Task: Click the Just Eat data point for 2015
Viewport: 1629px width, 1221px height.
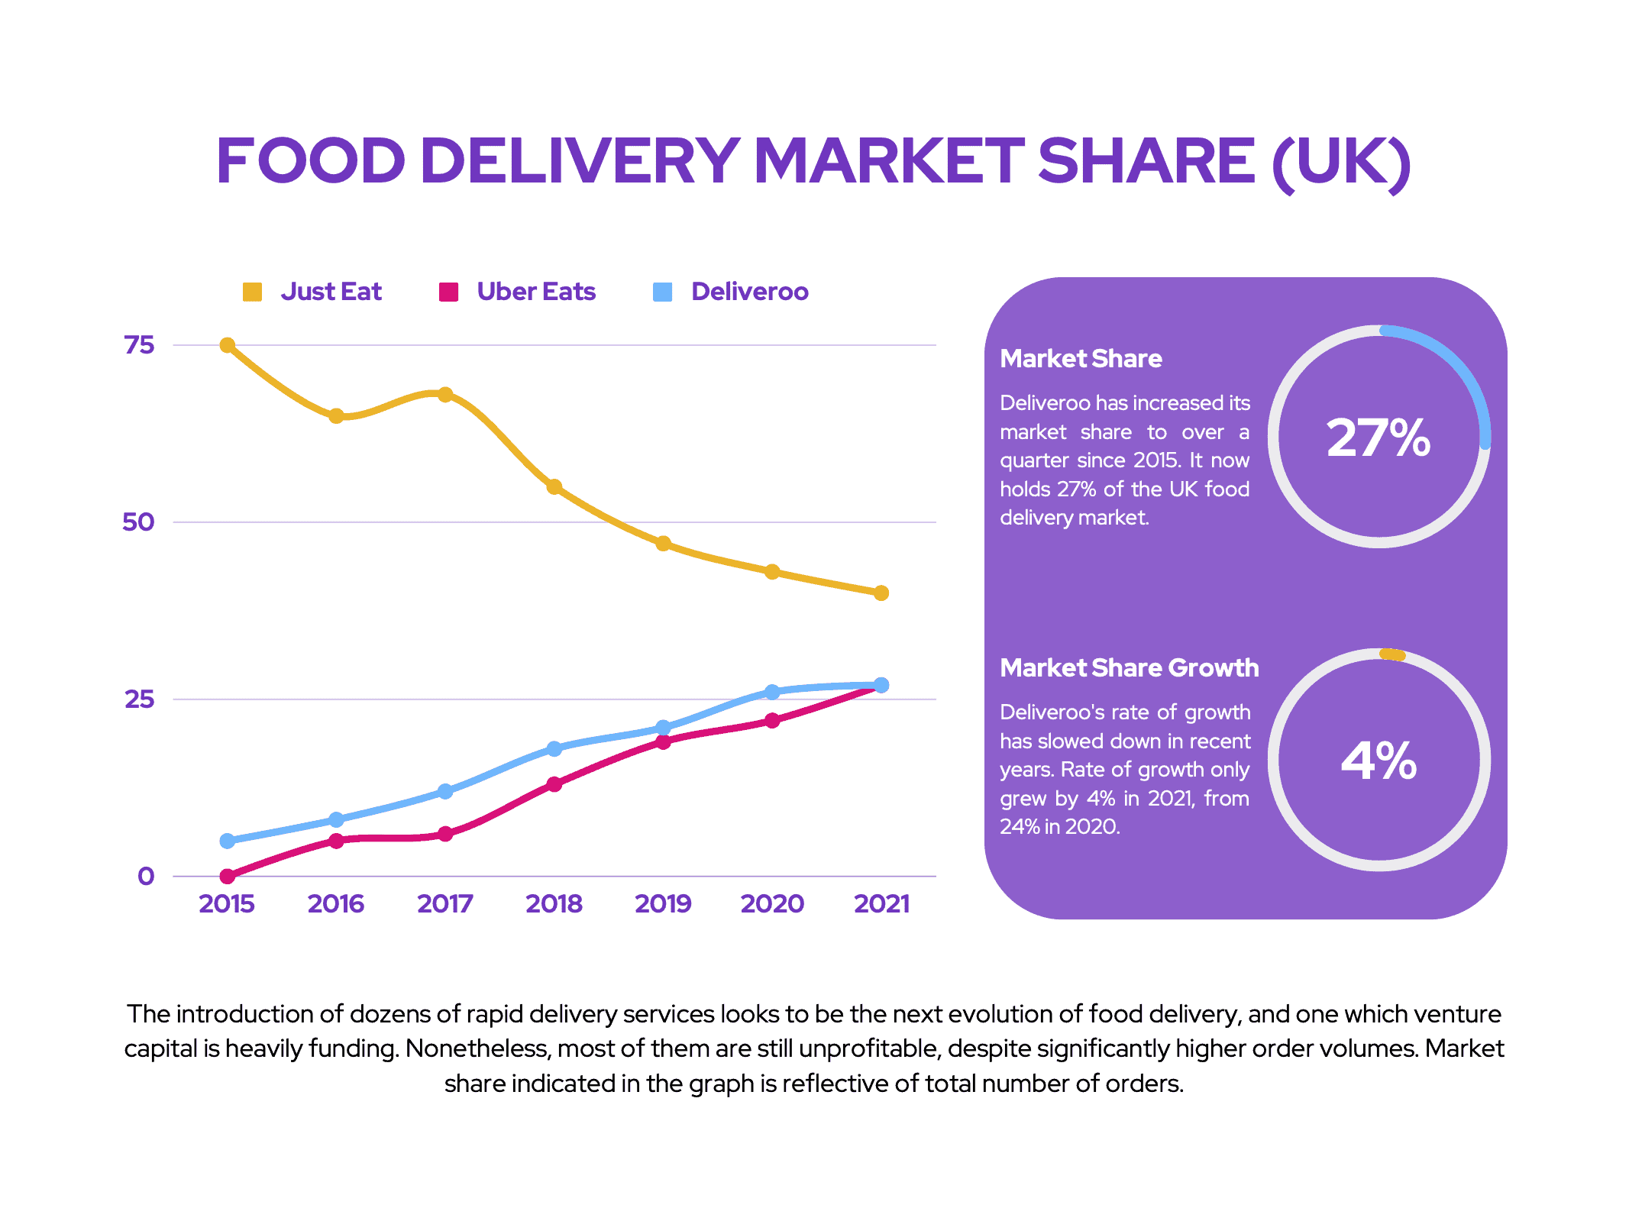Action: (x=227, y=345)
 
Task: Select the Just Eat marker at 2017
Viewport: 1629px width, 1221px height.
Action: (x=445, y=395)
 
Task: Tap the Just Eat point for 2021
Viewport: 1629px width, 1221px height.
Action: (x=881, y=593)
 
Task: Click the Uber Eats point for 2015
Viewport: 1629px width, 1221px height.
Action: (x=227, y=876)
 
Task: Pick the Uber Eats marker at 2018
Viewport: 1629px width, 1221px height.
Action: (x=554, y=784)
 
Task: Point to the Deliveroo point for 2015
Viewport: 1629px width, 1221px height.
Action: (x=227, y=841)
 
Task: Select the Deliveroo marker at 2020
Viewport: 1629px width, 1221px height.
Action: (x=772, y=692)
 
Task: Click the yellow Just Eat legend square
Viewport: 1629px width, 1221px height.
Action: (x=252, y=292)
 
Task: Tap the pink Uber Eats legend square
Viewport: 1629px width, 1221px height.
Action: (x=448, y=292)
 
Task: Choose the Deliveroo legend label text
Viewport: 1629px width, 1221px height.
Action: (x=749, y=292)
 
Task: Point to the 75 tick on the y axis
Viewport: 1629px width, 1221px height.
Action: (x=139, y=345)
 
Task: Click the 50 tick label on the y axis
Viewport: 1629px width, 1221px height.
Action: (x=138, y=522)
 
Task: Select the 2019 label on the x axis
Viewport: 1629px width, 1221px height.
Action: (x=663, y=904)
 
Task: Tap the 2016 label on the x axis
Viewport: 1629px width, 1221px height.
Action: (x=336, y=904)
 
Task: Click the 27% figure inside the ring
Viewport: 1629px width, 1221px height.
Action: (x=1379, y=438)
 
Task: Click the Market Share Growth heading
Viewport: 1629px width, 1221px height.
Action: (x=1129, y=668)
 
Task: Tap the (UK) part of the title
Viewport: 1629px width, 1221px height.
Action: (x=1341, y=162)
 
